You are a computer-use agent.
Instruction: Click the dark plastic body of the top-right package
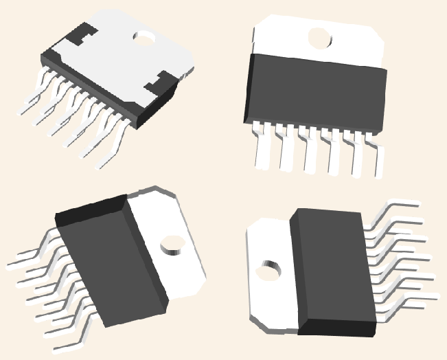(x=316, y=93)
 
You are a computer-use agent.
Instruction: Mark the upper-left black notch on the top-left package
(x=82, y=32)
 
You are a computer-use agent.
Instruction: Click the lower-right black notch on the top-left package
(x=159, y=85)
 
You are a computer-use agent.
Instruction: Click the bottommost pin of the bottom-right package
(x=412, y=300)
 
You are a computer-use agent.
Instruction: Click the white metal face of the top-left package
(x=120, y=58)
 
